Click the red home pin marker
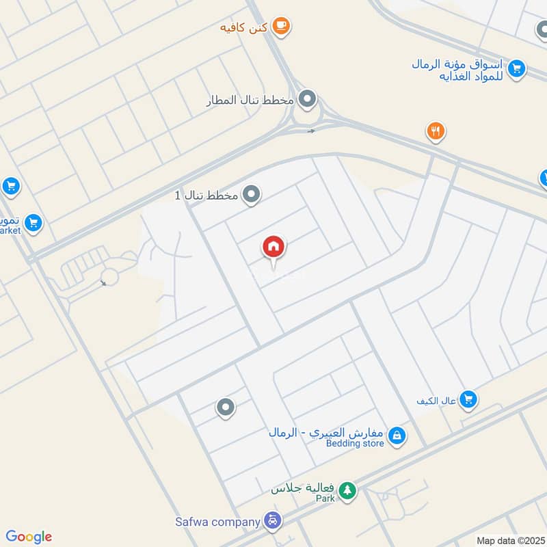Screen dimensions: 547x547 pyautogui.click(x=274, y=247)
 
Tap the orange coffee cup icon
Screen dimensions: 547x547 pyautogui.click(x=280, y=26)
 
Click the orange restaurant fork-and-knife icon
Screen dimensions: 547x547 pyautogui.click(x=436, y=131)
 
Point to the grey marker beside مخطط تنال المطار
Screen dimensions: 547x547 pyautogui.click(x=308, y=100)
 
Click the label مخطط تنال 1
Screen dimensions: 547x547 pyautogui.click(x=206, y=196)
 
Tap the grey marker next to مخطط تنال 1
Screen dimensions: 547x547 pyautogui.click(x=252, y=195)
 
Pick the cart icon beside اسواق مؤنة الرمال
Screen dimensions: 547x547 pyautogui.click(x=517, y=68)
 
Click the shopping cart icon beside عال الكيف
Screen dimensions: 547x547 pyautogui.click(x=468, y=398)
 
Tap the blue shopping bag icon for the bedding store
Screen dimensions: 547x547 pyautogui.click(x=397, y=434)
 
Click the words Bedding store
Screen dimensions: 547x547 pyautogui.click(x=355, y=444)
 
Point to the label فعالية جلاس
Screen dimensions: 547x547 pyautogui.click(x=303, y=490)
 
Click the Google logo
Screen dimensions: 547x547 pyautogui.click(x=29, y=537)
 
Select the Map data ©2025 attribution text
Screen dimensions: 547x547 pyautogui.click(x=509, y=540)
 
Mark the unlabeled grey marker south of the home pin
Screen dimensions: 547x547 pyautogui.click(x=225, y=408)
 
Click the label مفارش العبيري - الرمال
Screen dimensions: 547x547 pyautogui.click(x=326, y=432)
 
